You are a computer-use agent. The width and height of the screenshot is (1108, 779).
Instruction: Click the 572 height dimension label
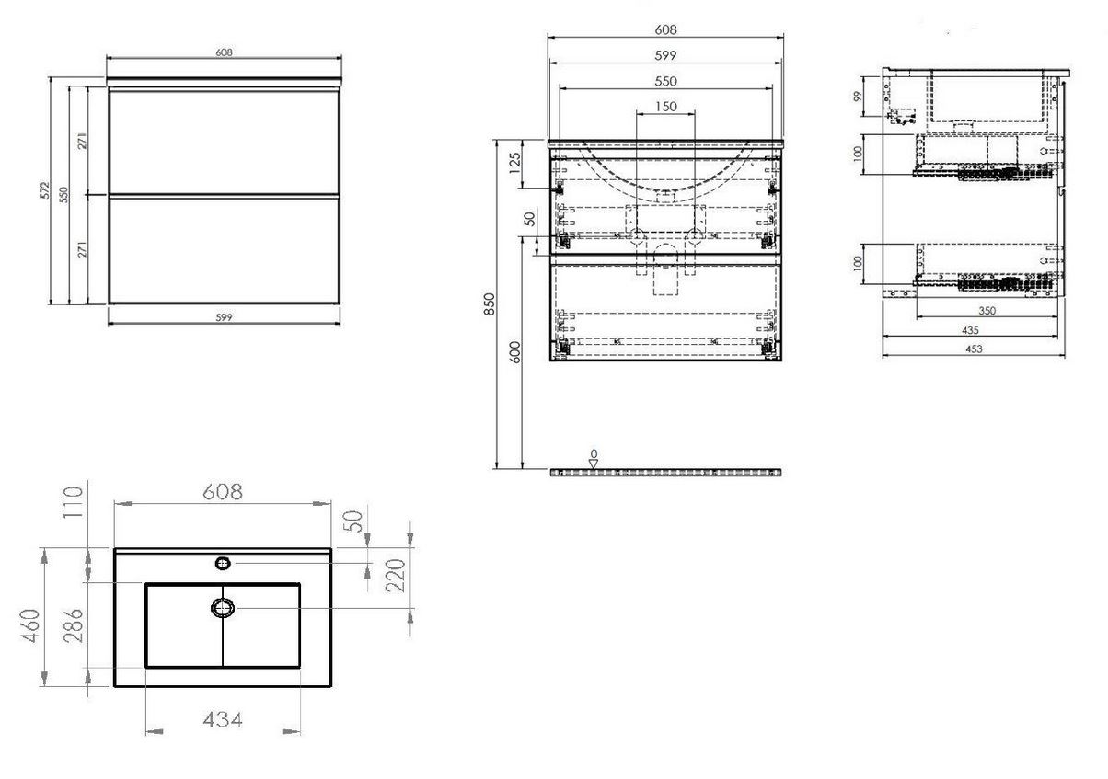tap(45, 189)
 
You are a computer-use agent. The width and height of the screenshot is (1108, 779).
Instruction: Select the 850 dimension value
tap(489, 304)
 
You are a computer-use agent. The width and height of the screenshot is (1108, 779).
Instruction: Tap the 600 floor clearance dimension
tap(515, 352)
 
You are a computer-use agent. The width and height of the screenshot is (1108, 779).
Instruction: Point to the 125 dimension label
tap(514, 163)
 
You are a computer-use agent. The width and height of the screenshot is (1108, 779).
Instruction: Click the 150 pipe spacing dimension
tap(665, 107)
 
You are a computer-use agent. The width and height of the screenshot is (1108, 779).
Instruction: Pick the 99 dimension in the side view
tap(857, 96)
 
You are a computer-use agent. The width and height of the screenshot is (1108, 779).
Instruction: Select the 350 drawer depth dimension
tap(987, 311)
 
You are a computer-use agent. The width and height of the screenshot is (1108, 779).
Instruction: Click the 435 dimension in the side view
tap(970, 329)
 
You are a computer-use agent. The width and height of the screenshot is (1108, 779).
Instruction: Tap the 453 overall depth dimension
tap(974, 349)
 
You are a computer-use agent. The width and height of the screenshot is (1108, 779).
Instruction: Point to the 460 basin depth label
tap(30, 625)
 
